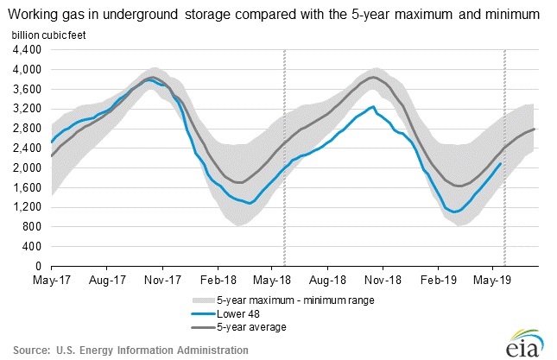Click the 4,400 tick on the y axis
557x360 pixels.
coord(28,49)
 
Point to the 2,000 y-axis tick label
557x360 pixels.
coord(28,167)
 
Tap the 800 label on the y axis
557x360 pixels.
coord(33,227)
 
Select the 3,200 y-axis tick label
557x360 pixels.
coord(28,109)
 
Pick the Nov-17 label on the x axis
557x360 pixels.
coord(163,281)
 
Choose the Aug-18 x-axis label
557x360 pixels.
coord(329,281)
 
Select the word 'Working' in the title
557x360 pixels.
coord(35,14)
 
